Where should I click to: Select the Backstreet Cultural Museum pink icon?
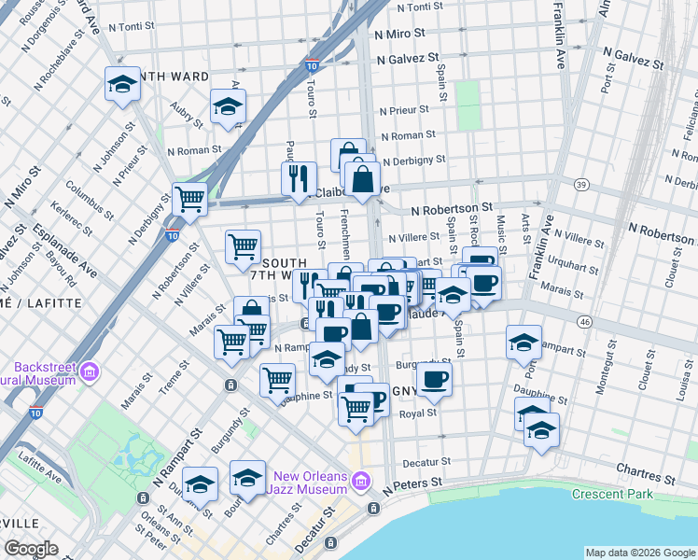(90, 372)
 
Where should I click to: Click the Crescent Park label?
(615, 494)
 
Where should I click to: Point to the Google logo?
(31, 549)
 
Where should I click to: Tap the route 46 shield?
(584, 321)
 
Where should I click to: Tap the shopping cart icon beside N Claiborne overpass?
(190, 199)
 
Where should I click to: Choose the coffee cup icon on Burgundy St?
(433, 378)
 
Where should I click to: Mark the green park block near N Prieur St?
(467, 105)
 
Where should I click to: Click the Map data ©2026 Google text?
(640, 553)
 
